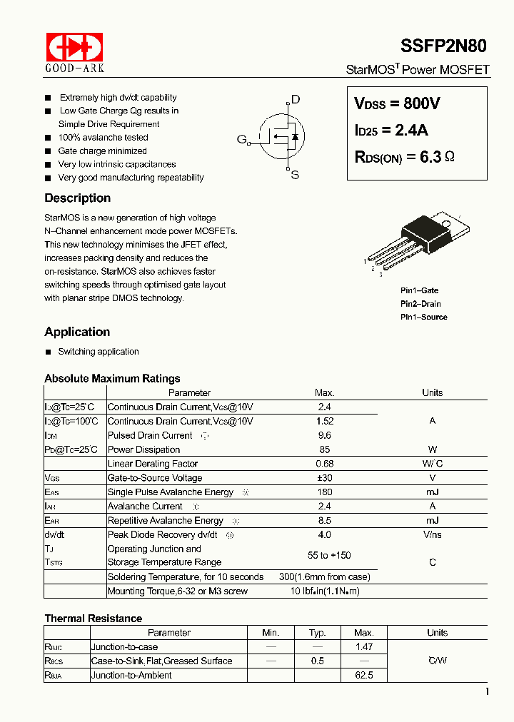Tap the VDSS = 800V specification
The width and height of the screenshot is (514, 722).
pyautogui.click(x=397, y=103)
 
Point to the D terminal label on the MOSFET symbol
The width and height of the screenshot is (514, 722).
pyautogui.click(x=296, y=100)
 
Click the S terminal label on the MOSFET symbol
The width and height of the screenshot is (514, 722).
pyautogui.click(x=294, y=175)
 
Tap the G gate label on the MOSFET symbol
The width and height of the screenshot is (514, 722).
pyautogui.click(x=241, y=139)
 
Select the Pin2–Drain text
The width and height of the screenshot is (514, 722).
pyautogui.click(x=420, y=304)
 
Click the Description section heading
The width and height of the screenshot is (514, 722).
pyautogui.click(x=77, y=198)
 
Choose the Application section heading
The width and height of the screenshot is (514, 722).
pyautogui.click(x=77, y=332)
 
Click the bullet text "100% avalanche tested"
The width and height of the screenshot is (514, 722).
pyautogui.click(x=103, y=138)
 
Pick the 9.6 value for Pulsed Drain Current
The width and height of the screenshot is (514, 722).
pyautogui.click(x=324, y=435)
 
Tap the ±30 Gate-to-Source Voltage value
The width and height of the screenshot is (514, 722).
pyautogui.click(x=324, y=478)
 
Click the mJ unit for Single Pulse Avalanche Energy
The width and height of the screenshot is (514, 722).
pyautogui.click(x=432, y=492)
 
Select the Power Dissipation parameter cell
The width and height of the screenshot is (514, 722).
pyautogui.click(x=143, y=449)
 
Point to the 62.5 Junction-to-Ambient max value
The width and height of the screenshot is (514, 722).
pyautogui.click(x=363, y=675)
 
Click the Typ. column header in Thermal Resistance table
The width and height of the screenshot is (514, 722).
pyautogui.click(x=318, y=633)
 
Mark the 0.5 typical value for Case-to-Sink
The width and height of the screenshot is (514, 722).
pyautogui.click(x=318, y=661)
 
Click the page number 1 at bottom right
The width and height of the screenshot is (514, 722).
pyautogui.click(x=487, y=691)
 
